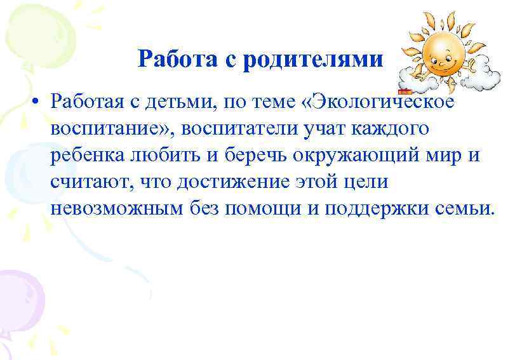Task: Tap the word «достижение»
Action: (217, 182)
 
